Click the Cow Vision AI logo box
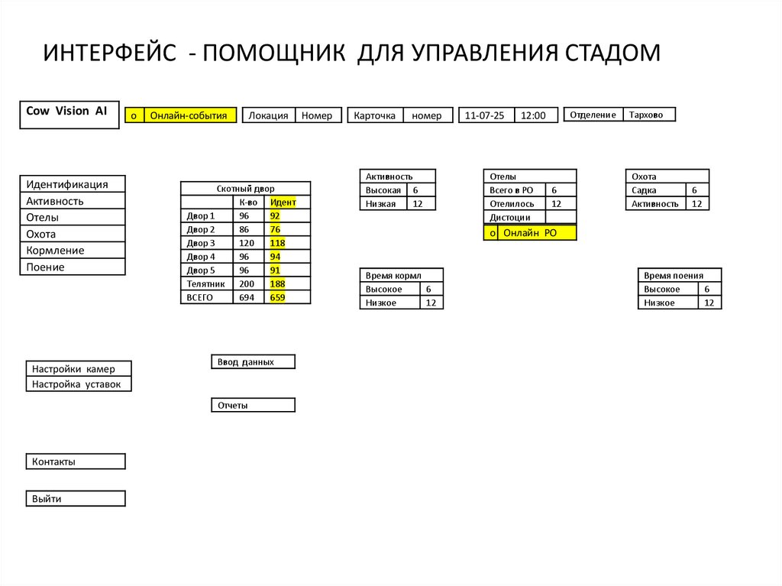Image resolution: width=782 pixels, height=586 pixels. [x=69, y=114]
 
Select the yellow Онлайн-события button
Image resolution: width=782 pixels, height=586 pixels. [x=189, y=115]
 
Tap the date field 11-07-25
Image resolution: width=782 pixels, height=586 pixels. [x=485, y=115]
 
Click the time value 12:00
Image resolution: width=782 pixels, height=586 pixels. [x=535, y=115]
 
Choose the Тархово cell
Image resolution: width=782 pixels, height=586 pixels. [x=649, y=115]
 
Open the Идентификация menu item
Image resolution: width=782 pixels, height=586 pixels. [x=72, y=184]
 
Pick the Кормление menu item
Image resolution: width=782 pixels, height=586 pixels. [x=72, y=251]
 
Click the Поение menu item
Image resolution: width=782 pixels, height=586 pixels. [x=72, y=267]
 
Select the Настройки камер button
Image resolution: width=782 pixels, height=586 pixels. [x=79, y=368]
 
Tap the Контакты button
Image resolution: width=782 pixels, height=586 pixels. [x=76, y=461]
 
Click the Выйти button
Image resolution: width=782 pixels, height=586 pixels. [x=76, y=499]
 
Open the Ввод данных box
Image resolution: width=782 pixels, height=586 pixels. [x=252, y=362]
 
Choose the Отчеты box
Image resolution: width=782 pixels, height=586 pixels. [x=252, y=406]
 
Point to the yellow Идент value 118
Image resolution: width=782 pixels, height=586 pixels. [x=277, y=243]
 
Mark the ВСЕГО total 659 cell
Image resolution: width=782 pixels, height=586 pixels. [x=277, y=298]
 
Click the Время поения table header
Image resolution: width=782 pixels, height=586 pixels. [x=679, y=276]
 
